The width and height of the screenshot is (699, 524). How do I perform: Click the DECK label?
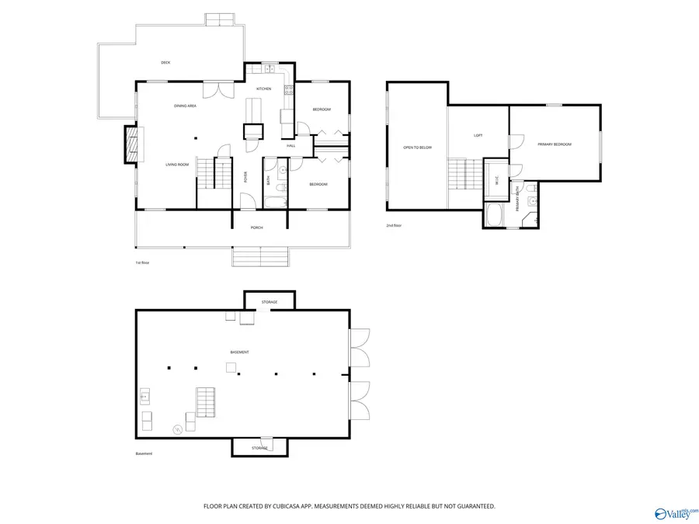click(165, 63)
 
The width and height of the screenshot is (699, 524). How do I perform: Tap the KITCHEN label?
click(264, 89)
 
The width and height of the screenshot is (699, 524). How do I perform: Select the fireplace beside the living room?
click(131, 146)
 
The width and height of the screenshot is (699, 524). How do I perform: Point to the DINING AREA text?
click(185, 106)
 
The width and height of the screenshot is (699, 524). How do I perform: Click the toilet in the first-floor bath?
click(283, 187)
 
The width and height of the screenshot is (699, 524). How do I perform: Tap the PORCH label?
click(256, 227)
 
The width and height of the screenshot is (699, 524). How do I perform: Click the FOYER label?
click(245, 176)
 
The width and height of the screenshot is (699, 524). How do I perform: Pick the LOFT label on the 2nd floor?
click(478, 136)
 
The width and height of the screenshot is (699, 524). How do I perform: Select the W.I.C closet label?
click(497, 180)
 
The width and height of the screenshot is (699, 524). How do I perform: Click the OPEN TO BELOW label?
click(417, 147)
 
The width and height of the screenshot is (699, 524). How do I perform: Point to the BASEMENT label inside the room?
click(239, 352)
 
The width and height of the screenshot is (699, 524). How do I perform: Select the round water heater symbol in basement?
click(178, 429)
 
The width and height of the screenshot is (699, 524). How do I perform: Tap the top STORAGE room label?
click(270, 301)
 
